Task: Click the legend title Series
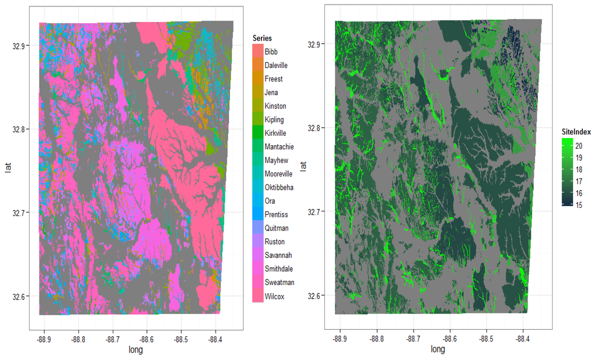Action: [x=262, y=38]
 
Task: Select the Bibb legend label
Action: [x=271, y=52]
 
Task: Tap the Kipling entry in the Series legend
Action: [x=274, y=120]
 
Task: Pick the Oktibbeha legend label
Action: [x=279, y=188]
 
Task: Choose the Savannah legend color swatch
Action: [x=257, y=255]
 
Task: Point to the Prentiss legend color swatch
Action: [x=257, y=215]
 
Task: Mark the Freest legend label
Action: [x=274, y=79]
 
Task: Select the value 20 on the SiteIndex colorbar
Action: [x=579, y=146]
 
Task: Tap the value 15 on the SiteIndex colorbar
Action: [x=579, y=204]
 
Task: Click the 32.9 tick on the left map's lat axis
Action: [x=27, y=45]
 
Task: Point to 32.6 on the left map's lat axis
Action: [x=27, y=297]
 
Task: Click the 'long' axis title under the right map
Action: [x=438, y=350]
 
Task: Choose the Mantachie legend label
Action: [x=278, y=147]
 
